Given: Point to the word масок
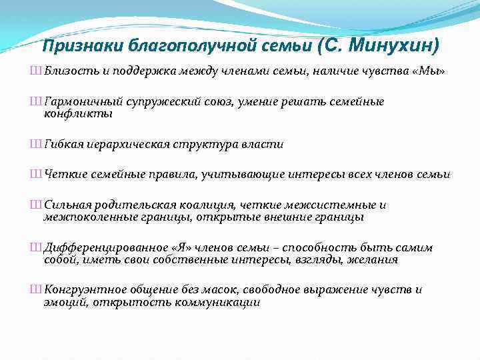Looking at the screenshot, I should point(221,290).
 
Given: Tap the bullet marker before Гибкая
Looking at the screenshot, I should point(35,143).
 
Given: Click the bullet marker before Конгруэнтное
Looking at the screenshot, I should point(35,290).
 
